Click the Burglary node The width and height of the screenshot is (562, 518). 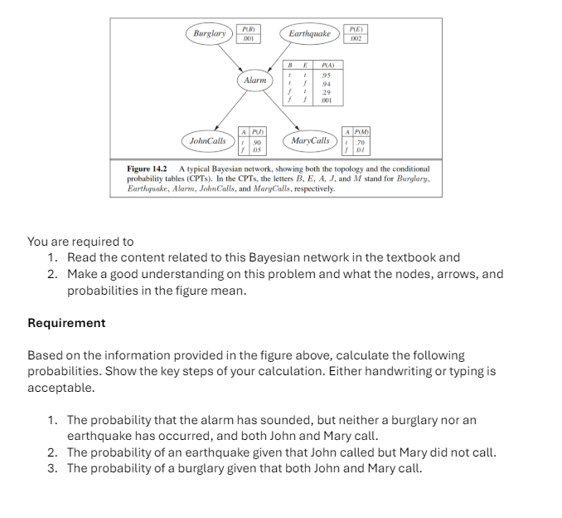pos(210,34)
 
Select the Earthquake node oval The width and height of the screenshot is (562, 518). pos(310,34)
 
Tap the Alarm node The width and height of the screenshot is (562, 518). pos(255,81)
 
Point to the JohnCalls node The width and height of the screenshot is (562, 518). pos(208,141)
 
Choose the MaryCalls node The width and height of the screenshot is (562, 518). pos(310,141)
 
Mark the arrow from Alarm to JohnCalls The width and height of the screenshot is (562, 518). pos(231,111)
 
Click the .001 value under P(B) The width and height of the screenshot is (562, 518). pos(248,38)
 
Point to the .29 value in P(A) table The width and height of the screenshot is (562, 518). pos(327,90)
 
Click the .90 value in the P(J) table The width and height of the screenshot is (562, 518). pos(258,144)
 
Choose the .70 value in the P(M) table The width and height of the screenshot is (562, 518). pos(361,144)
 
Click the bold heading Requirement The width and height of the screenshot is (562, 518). pos(66,323)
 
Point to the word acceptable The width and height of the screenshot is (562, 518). pos(61,388)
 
